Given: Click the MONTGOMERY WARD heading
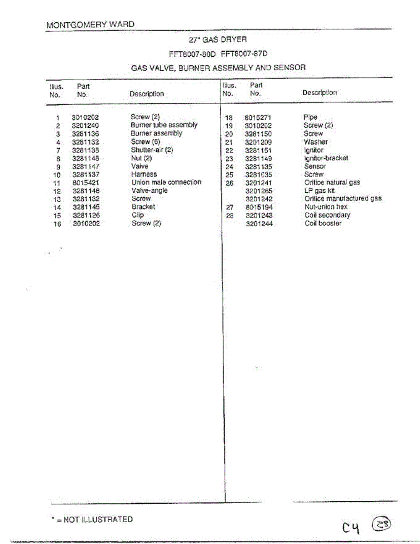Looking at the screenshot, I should pyautogui.click(x=90, y=24).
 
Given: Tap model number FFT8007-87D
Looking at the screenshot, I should pyautogui.click(x=244, y=53).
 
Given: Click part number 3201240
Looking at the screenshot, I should pyautogui.click(x=85, y=126).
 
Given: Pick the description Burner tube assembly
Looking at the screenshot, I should pyautogui.click(x=164, y=125).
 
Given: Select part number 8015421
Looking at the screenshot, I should pyautogui.click(x=86, y=183).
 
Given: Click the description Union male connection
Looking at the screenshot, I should pyautogui.click(x=166, y=182).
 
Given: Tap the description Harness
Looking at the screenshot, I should pyautogui.click(x=144, y=174).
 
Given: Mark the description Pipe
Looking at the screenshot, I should pyautogui.click(x=310, y=117).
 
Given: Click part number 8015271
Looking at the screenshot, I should pyautogui.click(x=258, y=117).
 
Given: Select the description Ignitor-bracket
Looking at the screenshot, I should pyautogui.click(x=326, y=158).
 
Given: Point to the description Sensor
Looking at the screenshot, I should pyautogui.click(x=315, y=166).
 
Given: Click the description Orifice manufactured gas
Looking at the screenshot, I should pyautogui.click(x=343, y=199).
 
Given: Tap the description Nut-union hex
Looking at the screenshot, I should pyautogui.click(x=326, y=207).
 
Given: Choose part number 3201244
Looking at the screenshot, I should pyautogui.click(x=259, y=223).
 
